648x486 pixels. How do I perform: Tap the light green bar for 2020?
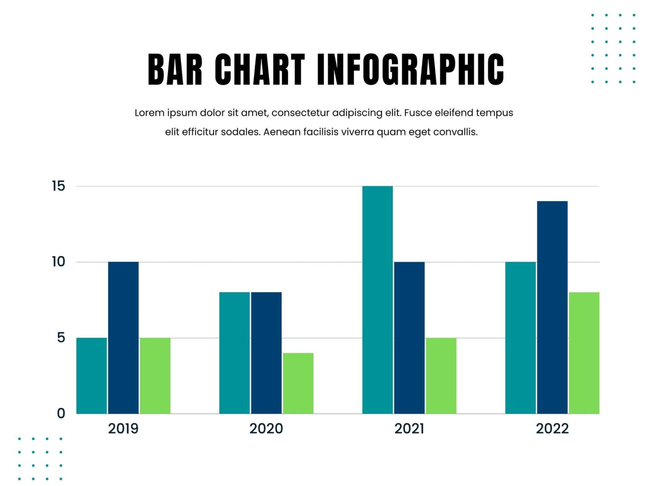(298, 383)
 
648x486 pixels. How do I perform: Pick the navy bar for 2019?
(123, 338)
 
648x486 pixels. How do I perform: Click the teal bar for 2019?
(92, 376)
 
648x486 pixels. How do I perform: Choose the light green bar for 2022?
(584, 353)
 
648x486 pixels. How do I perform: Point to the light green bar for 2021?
(441, 376)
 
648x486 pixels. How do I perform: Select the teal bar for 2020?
(234, 353)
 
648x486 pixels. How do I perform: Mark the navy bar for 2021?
(409, 338)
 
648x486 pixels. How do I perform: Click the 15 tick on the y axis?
(59, 186)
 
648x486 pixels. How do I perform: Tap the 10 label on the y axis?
(59, 262)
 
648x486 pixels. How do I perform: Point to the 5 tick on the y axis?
(61, 338)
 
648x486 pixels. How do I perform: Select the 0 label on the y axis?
(61, 414)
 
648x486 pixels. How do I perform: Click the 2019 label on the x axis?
(123, 429)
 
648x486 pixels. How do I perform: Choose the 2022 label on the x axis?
(552, 429)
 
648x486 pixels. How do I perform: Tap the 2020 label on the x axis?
(266, 429)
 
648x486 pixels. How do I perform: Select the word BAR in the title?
(175, 70)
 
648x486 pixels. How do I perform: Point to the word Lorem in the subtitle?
(149, 113)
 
